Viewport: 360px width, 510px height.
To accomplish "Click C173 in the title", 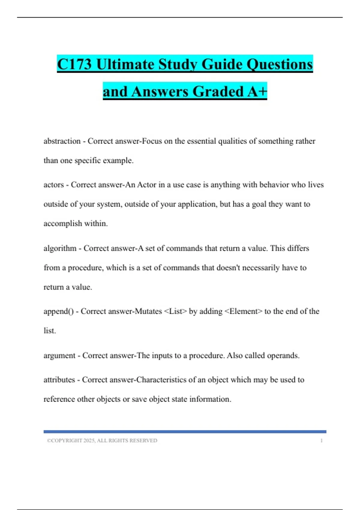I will click(74, 64).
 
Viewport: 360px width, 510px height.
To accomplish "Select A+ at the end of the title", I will click(257, 91).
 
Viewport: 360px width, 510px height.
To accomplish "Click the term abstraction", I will click(62, 141).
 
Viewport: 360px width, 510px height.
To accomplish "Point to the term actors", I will click(54, 184).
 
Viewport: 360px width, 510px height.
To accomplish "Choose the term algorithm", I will click(60, 248).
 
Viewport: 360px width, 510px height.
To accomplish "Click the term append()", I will click(58, 311).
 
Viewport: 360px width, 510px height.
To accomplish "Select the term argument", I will click(59, 355).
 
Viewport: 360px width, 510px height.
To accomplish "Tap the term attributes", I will click(59, 380).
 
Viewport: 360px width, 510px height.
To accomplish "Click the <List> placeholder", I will click(175, 311).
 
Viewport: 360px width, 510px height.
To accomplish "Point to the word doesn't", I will click(228, 268).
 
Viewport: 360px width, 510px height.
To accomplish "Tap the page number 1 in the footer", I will click(321, 441).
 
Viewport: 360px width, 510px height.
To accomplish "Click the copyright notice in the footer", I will click(102, 441).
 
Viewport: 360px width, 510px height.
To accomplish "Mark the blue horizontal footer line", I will click(185, 432).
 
